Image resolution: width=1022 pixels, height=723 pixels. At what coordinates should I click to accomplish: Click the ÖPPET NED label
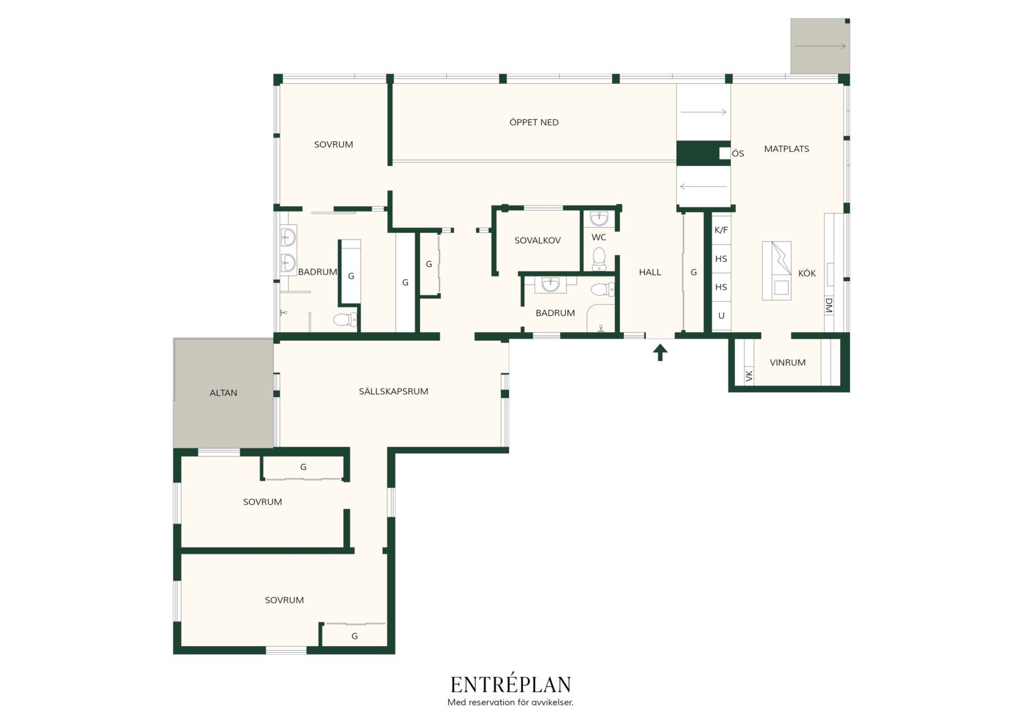click(534, 123)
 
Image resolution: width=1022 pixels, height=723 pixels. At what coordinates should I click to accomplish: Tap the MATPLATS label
click(787, 149)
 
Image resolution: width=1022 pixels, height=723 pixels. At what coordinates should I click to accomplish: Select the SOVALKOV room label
click(538, 241)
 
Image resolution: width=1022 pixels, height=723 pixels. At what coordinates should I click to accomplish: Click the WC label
click(599, 238)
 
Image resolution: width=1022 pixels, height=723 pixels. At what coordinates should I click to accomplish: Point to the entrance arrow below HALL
click(660, 353)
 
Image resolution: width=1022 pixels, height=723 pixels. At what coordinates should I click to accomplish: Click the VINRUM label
click(787, 363)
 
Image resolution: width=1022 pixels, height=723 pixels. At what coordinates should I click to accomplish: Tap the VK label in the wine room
click(748, 376)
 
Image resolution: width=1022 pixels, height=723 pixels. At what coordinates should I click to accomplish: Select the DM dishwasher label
click(829, 305)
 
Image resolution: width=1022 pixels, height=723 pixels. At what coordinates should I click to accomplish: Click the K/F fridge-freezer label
click(721, 230)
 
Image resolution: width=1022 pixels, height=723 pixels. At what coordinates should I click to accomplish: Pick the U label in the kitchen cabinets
click(721, 315)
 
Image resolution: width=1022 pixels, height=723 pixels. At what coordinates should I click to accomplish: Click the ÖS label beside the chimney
click(738, 153)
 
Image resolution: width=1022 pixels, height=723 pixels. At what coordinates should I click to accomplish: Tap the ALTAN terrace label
click(223, 393)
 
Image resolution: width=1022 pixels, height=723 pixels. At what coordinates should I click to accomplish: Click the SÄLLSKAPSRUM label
click(393, 392)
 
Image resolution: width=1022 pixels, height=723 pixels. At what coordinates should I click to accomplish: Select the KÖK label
click(807, 274)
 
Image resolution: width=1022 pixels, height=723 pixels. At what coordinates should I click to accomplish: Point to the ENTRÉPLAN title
click(510, 685)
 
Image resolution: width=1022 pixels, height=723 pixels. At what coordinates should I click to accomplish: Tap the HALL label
click(649, 272)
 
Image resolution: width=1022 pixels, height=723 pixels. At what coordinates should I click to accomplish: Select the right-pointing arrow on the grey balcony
click(820, 46)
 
